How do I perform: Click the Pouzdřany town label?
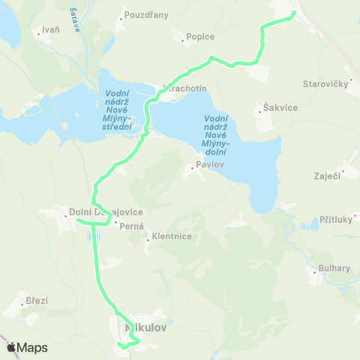[x=146, y=15]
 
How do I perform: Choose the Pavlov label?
[x=211, y=164]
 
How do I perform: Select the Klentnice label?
[x=172, y=236]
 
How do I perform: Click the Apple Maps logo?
[x=27, y=347]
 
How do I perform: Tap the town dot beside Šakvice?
[x=259, y=109]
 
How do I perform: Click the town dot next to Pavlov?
[x=192, y=167]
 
